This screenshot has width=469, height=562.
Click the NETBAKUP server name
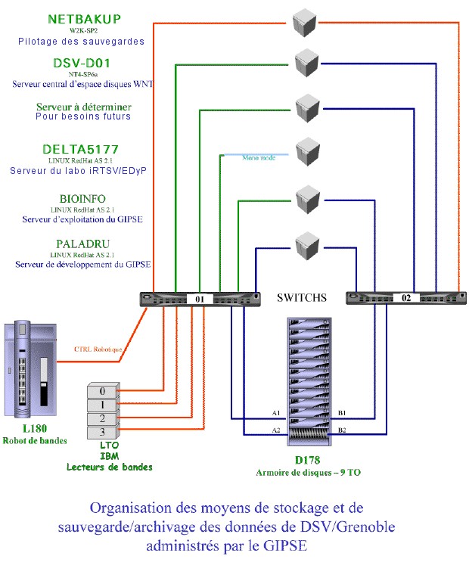point(85,18)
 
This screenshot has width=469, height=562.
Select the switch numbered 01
point(200,299)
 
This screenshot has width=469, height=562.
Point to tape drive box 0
point(103,391)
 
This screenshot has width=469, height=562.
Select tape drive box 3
point(103,432)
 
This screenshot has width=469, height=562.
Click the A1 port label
point(276,412)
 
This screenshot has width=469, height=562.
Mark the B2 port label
point(342,430)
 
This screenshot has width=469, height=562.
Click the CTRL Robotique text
point(97,349)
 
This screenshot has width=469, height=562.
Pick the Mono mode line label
point(259,157)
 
